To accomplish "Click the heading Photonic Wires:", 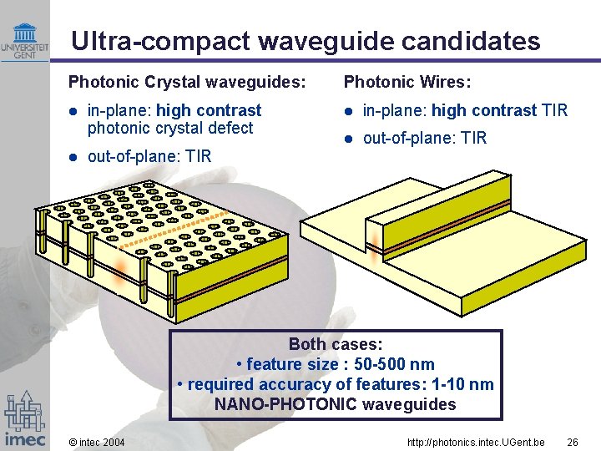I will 407,82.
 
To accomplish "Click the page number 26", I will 572,441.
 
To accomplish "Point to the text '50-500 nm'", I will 393,364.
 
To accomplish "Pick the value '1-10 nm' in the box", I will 462,384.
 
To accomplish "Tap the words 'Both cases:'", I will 336,344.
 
